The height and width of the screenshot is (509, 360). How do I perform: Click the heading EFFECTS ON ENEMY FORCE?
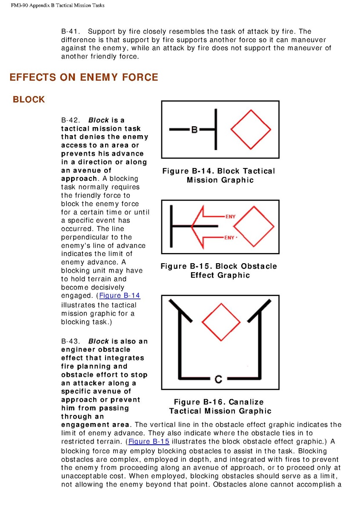click(83, 77)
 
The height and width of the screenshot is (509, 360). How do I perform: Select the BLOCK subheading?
click(29, 100)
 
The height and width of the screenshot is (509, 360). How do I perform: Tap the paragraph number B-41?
click(71, 31)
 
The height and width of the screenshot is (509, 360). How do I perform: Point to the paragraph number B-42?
click(71, 120)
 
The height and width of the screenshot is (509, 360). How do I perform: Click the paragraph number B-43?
click(71, 341)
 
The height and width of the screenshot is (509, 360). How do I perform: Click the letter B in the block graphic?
click(194, 130)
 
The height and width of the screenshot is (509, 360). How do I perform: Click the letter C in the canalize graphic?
click(218, 378)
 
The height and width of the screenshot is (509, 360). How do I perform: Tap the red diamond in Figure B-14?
click(250, 129)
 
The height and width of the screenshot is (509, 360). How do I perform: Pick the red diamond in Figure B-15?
click(254, 227)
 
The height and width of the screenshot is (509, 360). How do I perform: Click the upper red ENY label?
click(230, 217)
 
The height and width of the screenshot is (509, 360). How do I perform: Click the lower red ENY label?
click(229, 238)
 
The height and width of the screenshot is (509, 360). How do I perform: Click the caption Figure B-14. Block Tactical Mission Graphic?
click(219, 175)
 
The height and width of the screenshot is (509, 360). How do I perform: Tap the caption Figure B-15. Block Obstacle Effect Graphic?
click(219, 270)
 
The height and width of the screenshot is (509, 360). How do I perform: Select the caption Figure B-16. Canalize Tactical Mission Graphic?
click(220, 406)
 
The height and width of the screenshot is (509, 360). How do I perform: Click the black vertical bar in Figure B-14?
click(216, 130)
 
